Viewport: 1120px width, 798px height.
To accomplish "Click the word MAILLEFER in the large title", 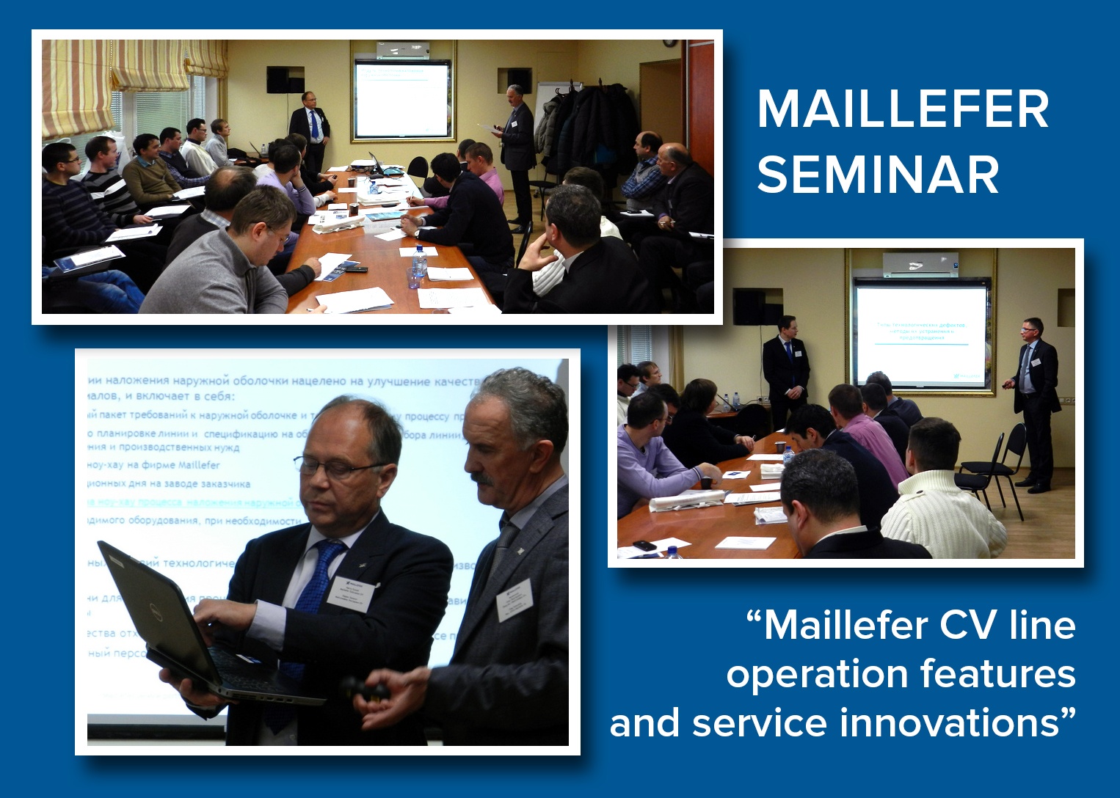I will (x=903, y=110).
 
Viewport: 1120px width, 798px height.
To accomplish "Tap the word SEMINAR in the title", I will (x=878, y=175).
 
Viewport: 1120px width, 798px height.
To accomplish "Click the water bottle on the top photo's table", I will (x=419, y=260).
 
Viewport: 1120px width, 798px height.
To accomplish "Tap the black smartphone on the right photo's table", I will (x=644, y=545).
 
